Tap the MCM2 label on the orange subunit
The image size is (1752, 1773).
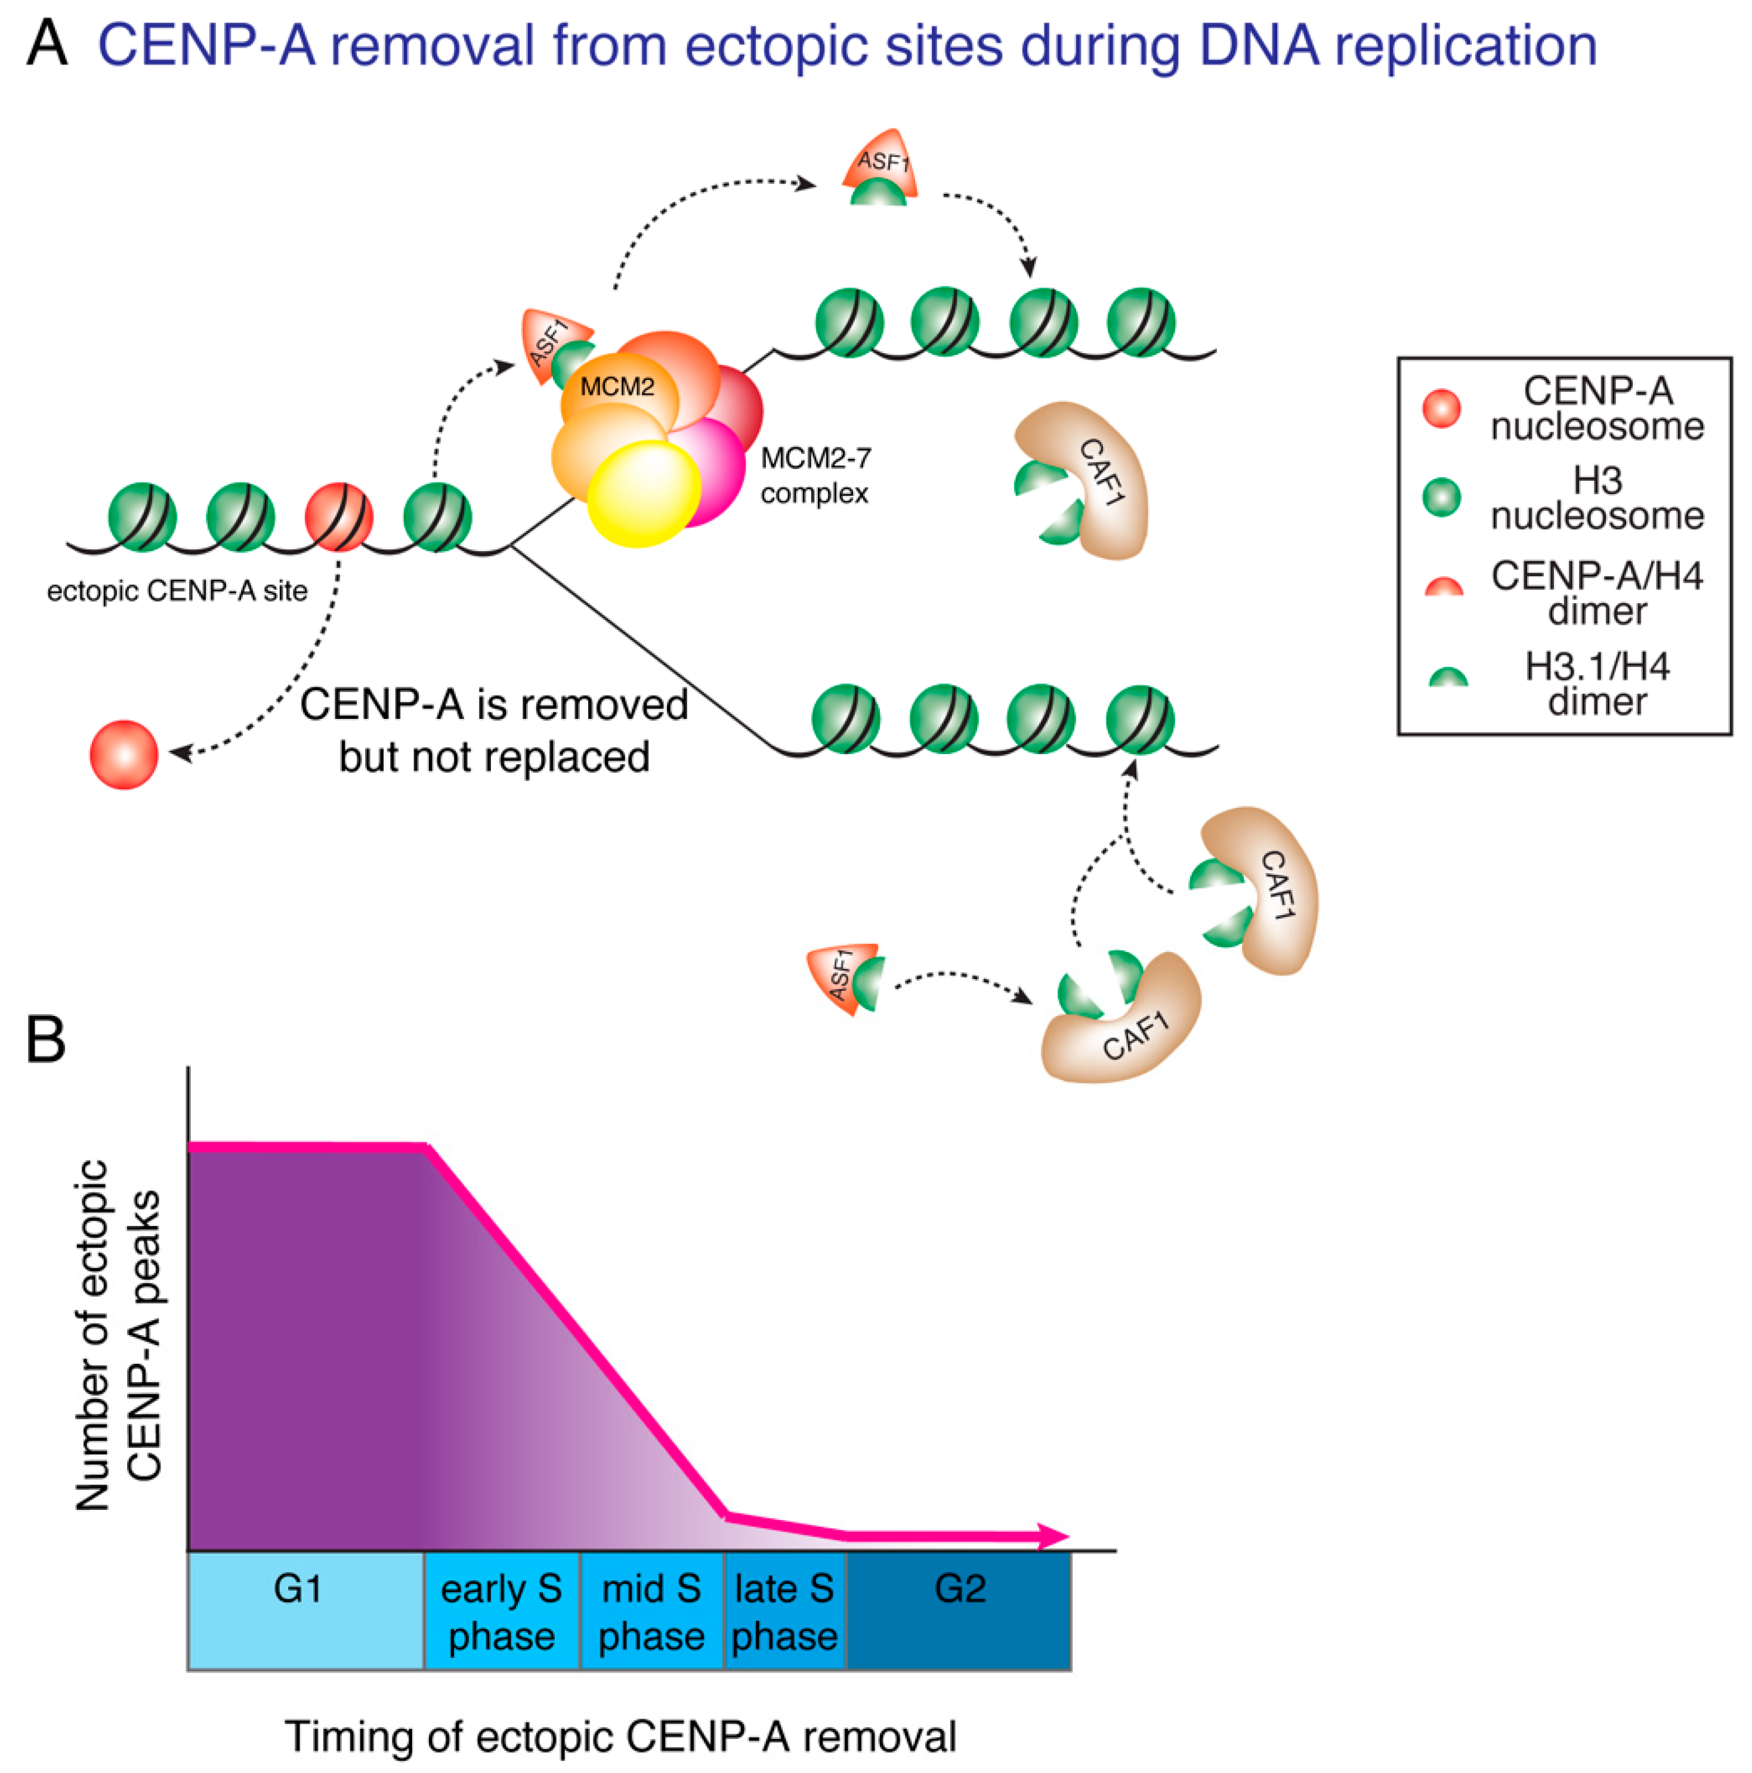(617, 387)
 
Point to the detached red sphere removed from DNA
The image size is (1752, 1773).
(124, 754)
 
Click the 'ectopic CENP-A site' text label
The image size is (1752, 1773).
(177, 591)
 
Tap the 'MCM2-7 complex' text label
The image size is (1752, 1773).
(815, 475)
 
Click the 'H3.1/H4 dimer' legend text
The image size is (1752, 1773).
(1597, 684)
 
